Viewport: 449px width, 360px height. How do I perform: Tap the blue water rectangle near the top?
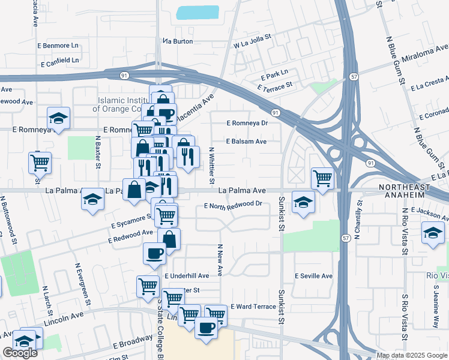(x=198, y=13)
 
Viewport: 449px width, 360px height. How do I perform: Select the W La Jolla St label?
(x=253, y=44)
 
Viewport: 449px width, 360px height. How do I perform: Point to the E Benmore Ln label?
(x=59, y=45)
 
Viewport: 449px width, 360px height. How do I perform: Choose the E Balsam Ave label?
(x=246, y=142)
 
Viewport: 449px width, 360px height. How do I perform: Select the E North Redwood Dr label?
(x=233, y=205)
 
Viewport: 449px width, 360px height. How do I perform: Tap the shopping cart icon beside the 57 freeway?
(x=322, y=178)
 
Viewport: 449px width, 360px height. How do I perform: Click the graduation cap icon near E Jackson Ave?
(x=433, y=232)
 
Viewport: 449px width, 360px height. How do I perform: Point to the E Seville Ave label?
(x=313, y=276)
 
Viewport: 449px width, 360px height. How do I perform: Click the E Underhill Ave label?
(x=186, y=276)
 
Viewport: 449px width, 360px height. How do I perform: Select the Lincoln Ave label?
(x=63, y=318)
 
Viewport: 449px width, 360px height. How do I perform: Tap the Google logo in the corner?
(x=20, y=353)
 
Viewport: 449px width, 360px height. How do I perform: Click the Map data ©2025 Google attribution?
(x=411, y=355)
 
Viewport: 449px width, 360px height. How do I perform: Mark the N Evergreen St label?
(x=80, y=282)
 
